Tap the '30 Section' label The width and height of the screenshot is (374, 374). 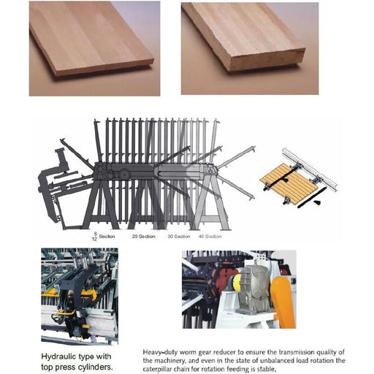click(x=179, y=237)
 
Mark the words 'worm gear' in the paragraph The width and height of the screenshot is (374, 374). click(x=201, y=352)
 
